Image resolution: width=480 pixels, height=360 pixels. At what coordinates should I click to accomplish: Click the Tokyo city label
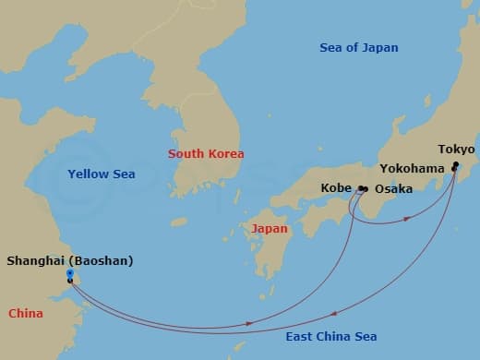[x=456, y=150]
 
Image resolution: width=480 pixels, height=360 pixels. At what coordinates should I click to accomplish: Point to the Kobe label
[x=336, y=188]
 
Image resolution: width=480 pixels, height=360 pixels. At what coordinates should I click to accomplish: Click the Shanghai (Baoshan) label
[x=70, y=261]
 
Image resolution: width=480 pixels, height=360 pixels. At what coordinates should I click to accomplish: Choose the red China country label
[x=26, y=314]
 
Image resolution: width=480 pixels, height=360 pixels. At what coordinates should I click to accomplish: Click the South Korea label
[x=206, y=153]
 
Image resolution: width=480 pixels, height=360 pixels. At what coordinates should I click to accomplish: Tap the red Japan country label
[x=270, y=228]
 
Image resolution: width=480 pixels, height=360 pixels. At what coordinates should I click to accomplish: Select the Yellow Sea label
[x=102, y=174]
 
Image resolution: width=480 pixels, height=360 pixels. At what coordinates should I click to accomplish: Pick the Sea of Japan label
[x=358, y=48]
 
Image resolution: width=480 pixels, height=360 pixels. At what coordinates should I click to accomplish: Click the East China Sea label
[x=330, y=337]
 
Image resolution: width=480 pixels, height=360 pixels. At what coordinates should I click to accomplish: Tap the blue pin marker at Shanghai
[x=70, y=275]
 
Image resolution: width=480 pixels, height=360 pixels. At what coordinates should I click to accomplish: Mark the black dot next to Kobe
[x=360, y=189]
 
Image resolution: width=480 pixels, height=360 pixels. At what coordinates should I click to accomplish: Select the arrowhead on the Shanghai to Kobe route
[x=251, y=322]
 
